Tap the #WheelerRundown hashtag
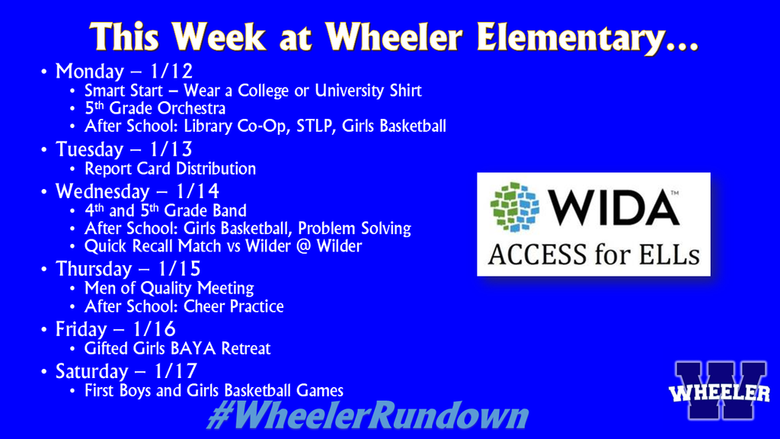click(366, 416)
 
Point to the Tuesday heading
click(89, 149)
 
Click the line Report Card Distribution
click(170, 168)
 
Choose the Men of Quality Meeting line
click(169, 288)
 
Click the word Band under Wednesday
click(229, 210)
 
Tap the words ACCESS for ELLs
click(593, 254)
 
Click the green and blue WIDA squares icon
click(515, 207)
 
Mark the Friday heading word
click(81, 329)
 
